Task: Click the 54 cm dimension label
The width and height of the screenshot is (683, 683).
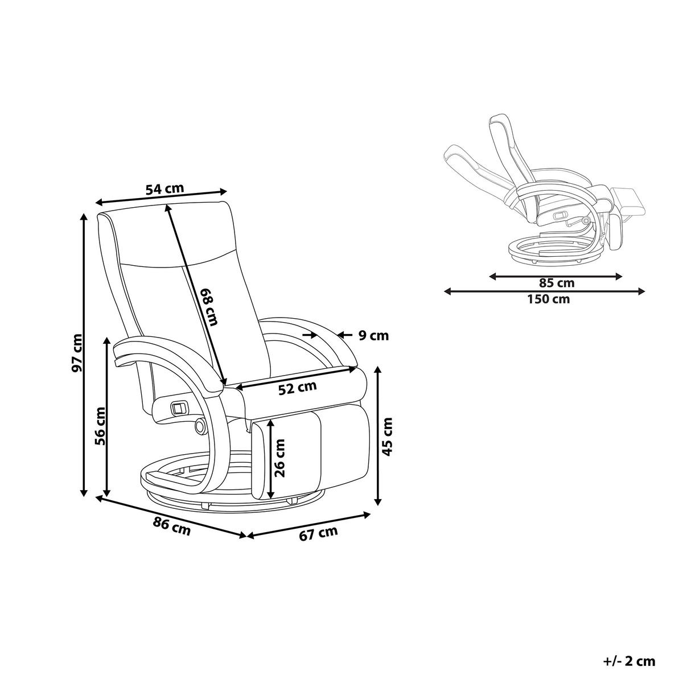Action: pyautogui.click(x=165, y=188)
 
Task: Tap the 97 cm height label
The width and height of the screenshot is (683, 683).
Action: pyautogui.click(x=77, y=353)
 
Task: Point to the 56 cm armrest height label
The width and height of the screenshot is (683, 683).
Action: pyautogui.click(x=100, y=426)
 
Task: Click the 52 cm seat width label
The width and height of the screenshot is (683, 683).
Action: pyautogui.click(x=297, y=388)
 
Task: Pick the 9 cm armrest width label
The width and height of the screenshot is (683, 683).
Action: pyautogui.click(x=373, y=335)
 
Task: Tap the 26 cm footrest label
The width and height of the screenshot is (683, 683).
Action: pyautogui.click(x=280, y=458)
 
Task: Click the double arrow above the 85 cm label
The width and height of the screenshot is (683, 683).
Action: pyautogui.click(x=556, y=276)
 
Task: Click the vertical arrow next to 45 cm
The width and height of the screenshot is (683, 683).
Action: pyautogui.click(x=378, y=437)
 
